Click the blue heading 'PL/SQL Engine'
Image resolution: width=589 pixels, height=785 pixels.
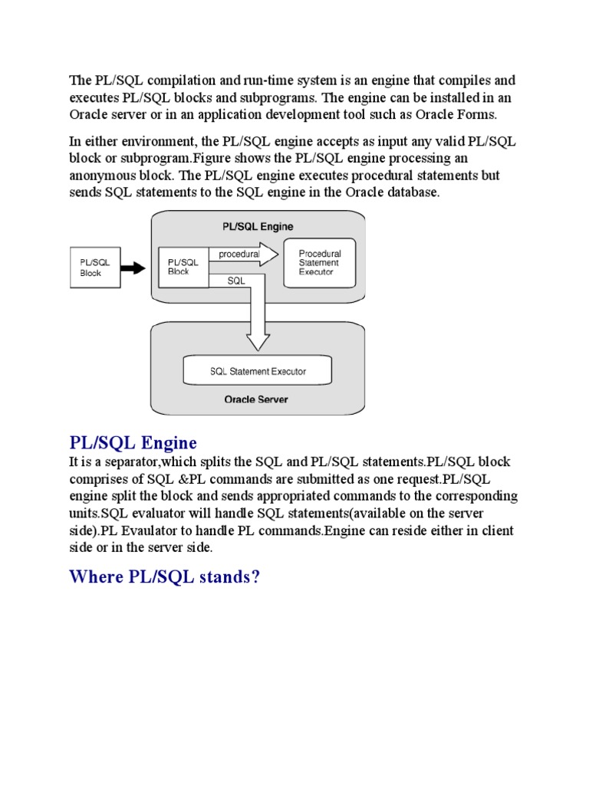pyautogui.click(x=133, y=443)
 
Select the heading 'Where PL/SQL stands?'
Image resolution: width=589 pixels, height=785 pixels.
pyautogui.click(x=165, y=576)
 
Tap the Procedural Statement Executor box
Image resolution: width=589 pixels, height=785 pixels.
pyautogui.click(x=319, y=263)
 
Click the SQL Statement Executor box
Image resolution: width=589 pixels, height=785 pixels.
pyautogui.click(x=258, y=372)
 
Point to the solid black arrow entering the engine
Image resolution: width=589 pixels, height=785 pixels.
pyautogui.click(x=133, y=268)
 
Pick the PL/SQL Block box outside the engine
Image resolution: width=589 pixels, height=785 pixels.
pyautogui.click(x=95, y=268)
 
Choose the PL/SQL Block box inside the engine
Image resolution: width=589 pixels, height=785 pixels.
pyautogui.click(x=183, y=267)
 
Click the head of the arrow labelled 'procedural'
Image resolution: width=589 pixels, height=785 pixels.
pyautogui.click(x=268, y=254)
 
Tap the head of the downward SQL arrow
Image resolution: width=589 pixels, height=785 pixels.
pyautogui.click(x=257, y=340)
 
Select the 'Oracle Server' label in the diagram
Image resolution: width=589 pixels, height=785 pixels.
pyautogui.click(x=256, y=399)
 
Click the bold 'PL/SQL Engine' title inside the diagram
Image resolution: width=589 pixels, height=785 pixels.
pyautogui.click(x=257, y=227)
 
